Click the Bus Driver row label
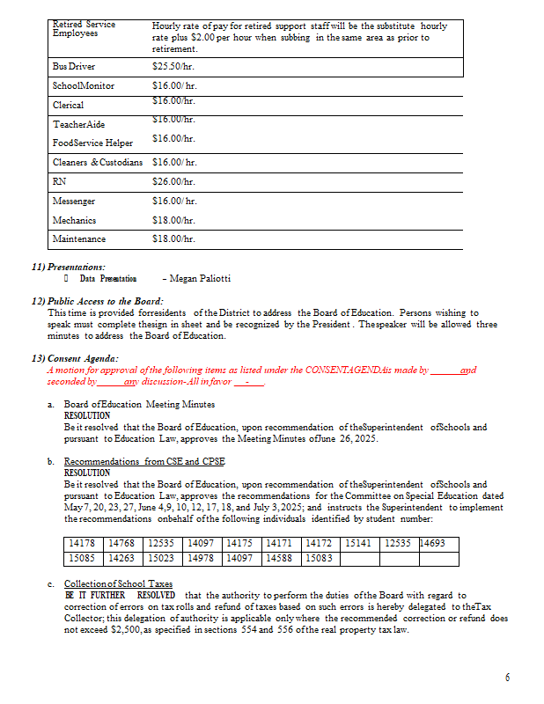tap(74, 67)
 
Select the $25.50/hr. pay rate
tap(173, 67)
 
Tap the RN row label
tap(59, 182)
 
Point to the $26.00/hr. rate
tap(173, 182)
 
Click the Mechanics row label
tap(74, 220)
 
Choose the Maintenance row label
tap(78, 238)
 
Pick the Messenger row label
tap(74, 202)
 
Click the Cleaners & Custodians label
tap(97, 163)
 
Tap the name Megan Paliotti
tap(200, 279)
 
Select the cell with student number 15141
tap(359, 544)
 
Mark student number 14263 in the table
tap(122, 558)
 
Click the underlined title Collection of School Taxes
tap(118, 584)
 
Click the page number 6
tap(507, 678)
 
